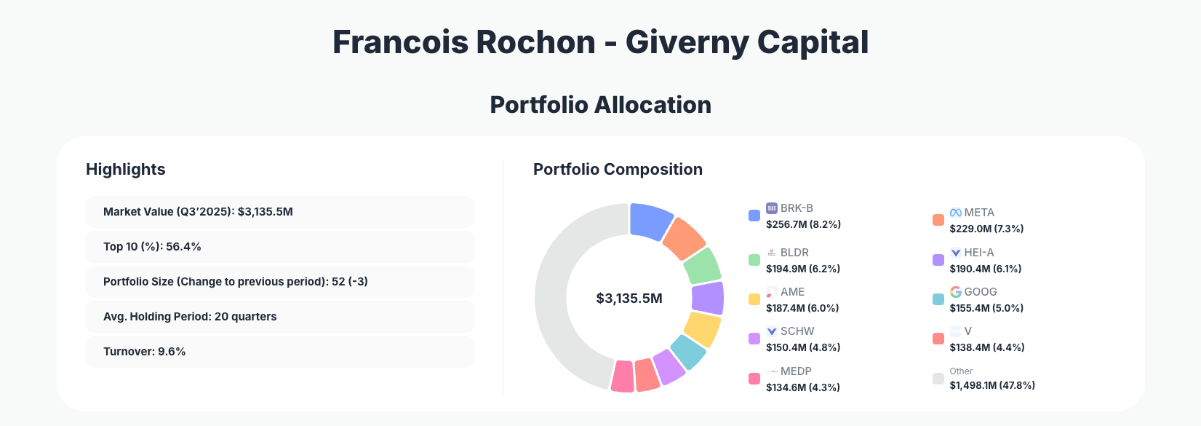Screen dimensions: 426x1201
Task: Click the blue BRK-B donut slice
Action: pos(650,221)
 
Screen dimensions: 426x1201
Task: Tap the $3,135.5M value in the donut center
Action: pos(629,299)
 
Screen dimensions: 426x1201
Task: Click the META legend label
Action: pos(978,213)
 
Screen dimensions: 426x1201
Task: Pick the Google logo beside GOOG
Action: pos(955,292)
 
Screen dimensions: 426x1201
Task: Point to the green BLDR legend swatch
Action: pos(754,260)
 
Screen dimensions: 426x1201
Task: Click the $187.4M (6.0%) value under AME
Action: pos(802,308)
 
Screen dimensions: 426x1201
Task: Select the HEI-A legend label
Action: pos(978,253)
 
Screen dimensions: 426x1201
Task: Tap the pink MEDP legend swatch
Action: pos(754,379)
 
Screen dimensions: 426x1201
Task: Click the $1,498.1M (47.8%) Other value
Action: pos(991,385)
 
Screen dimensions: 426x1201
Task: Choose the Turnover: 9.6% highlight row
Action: pos(279,352)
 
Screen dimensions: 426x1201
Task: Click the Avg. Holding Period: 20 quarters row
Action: pos(279,317)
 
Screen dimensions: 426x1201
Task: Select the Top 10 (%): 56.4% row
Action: pos(279,247)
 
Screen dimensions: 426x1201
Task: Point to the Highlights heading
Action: pos(126,170)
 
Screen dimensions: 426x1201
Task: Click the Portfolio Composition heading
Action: pos(618,170)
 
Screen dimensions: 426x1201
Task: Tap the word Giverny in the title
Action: pos(687,42)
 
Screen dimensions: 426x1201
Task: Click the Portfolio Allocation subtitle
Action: pos(600,105)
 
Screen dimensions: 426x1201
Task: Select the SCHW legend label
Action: pos(797,331)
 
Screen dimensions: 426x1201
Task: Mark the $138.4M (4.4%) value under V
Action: pos(986,347)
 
